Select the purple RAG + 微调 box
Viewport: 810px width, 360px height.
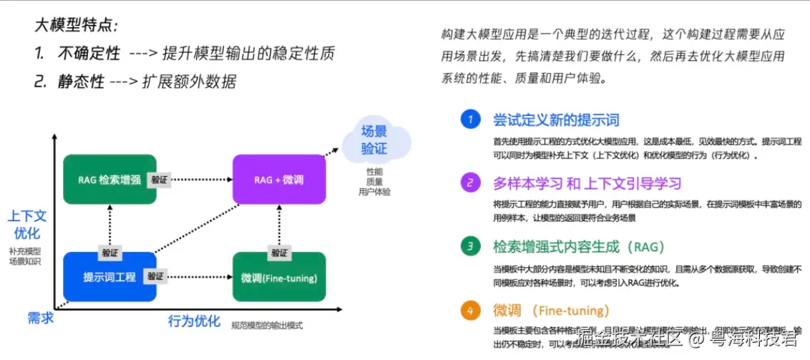279,179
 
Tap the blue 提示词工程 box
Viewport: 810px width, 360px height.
109,276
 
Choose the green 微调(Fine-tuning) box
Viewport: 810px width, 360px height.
279,276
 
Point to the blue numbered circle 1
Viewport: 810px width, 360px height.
469,120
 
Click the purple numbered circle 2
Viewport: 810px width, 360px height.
469,183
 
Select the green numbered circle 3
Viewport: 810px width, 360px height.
469,247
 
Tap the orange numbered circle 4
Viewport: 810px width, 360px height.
469,311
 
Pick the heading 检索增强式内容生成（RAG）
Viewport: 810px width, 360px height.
579,247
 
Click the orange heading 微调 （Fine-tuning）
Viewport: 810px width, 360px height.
551,311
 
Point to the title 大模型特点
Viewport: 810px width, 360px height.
76,25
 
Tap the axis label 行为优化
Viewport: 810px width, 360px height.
194,320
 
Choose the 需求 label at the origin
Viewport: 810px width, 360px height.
40,317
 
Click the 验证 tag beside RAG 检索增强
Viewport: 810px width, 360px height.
159,180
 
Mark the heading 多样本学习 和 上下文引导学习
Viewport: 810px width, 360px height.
587,183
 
